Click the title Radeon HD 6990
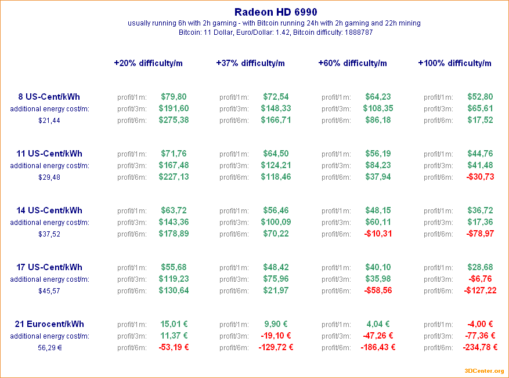pos(276,12)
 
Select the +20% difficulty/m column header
pos(148,63)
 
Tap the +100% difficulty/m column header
pos(454,63)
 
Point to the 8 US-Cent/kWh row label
pos(49,97)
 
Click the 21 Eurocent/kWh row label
pos(49,324)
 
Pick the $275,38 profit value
pos(174,120)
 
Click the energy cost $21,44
pos(49,121)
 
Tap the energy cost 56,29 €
pos(49,348)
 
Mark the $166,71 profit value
pos(276,120)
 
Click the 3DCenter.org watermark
pos(484,371)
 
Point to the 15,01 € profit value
pos(174,324)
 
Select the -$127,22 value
pos(480,290)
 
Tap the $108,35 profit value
pos(378,108)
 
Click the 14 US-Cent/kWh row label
pos(49,210)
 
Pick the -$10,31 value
pos(378,234)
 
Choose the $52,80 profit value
pos(480,97)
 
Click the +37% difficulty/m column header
pos(250,63)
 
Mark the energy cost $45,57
pos(49,291)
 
